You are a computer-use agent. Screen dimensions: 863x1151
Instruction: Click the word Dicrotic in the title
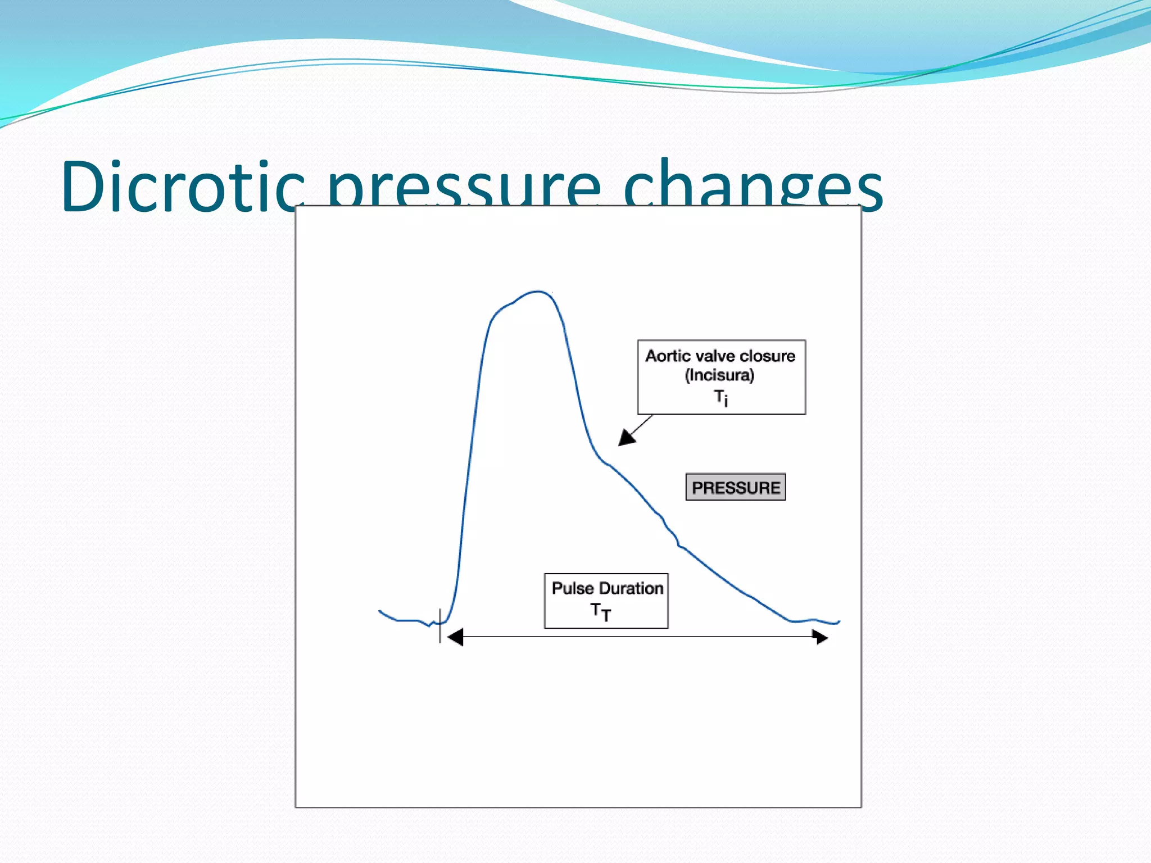click(183, 187)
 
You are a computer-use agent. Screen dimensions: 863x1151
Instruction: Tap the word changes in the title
click(753, 188)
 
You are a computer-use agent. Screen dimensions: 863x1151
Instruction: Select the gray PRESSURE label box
click(735, 487)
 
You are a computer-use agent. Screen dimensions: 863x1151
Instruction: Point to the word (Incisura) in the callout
click(719, 375)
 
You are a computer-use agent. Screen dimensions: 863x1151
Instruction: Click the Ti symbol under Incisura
click(720, 398)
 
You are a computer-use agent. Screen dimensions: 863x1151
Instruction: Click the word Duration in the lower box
click(631, 588)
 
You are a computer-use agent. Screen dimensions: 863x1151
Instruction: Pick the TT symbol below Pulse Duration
click(600, 612)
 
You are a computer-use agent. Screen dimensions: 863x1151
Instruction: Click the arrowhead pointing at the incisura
click(626, 438)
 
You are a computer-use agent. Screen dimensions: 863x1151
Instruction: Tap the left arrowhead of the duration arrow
click(455, 637)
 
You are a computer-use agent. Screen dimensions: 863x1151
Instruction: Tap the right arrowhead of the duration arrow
click(821, 637)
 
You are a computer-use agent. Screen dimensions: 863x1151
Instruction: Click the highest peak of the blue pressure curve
click(538, 292)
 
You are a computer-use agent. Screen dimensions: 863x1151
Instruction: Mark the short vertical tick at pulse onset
click(440, 626)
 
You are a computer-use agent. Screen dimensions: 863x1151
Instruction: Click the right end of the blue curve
click(839, 622)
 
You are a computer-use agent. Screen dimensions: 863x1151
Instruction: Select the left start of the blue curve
click(380, 611)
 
